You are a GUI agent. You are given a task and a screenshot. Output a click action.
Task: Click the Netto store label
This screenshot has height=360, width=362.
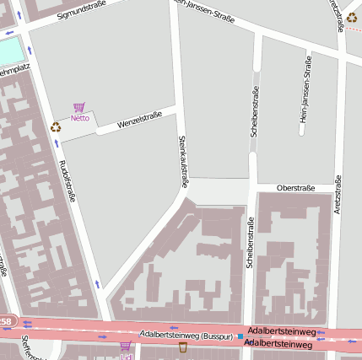point(79,118)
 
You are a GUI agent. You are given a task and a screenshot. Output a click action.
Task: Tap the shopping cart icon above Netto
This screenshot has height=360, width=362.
point(79,107)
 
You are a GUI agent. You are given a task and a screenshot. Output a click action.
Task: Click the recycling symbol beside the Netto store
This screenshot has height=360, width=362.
point(56,127)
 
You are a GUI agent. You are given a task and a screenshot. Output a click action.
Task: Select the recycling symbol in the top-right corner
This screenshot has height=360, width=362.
point(351,17)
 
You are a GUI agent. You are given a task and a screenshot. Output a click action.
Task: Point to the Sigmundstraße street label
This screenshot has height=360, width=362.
point(84,9)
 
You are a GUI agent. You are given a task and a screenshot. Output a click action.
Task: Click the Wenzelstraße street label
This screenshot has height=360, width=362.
point(139,120)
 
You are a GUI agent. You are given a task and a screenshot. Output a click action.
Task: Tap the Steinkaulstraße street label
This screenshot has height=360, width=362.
point(182,160)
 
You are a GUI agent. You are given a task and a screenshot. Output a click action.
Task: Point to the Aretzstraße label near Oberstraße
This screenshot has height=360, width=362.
point(338,196)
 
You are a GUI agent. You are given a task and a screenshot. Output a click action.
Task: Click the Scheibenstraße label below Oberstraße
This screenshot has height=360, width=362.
point(250,243)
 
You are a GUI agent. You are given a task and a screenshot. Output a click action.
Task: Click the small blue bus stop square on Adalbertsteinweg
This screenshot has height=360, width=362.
point(240,336)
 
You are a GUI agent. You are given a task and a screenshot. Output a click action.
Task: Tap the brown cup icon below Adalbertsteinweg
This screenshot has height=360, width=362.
point(183,347)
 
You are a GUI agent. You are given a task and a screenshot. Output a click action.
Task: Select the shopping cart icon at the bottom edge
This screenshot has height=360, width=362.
point(126,347)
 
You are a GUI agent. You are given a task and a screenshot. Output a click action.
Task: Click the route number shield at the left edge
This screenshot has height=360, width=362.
point(6,321)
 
